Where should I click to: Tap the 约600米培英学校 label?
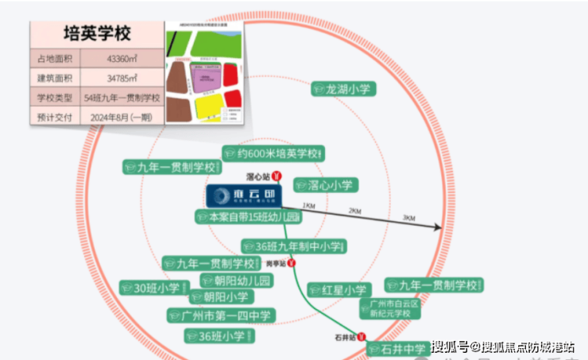point(275,153)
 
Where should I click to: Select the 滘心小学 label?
point(326,185)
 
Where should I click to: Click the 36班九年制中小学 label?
point(294,247)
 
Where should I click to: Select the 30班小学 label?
point(153,288)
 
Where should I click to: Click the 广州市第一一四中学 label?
point(222,315)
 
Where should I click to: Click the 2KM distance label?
point(355,211)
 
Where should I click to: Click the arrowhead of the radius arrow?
point(437,228)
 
